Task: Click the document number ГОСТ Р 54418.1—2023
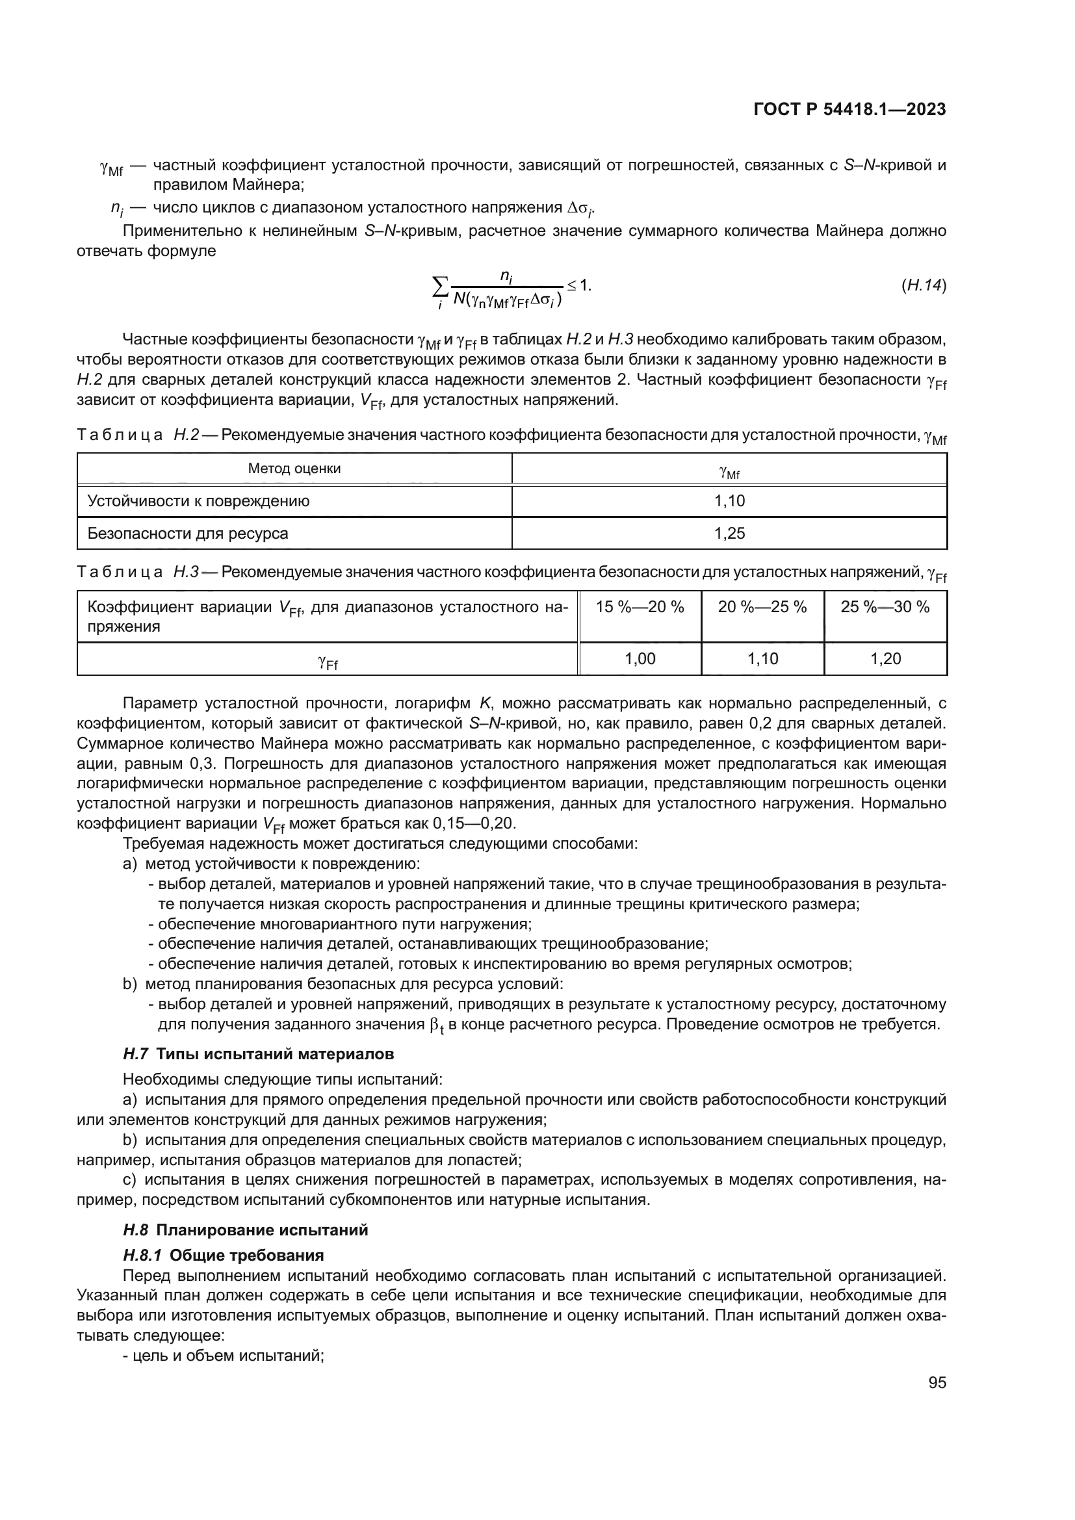coord(849,109)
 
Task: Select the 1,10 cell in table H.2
coord(729,501)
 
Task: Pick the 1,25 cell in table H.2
coord(729,533)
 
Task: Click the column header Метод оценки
coord(294,469)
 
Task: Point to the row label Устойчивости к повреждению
coord(199,501)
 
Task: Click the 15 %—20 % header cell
coord(640,606)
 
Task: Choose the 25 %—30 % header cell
coord(885,606)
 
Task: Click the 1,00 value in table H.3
coord(640,659)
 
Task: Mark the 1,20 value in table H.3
coord(885,659)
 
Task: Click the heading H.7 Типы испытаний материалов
coord(258,1053)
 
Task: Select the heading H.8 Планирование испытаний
coord(246,1230)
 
